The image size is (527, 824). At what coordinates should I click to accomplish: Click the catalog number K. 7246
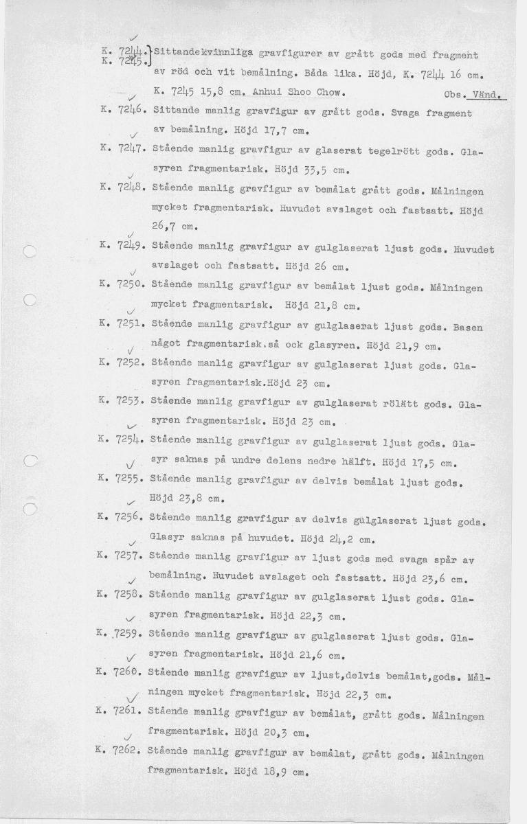(120, 110)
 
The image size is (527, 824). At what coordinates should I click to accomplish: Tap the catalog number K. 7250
(120, 283)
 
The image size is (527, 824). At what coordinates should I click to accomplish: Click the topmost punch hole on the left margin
(27, 251)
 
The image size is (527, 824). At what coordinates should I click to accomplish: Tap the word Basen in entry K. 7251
(467, 328)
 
